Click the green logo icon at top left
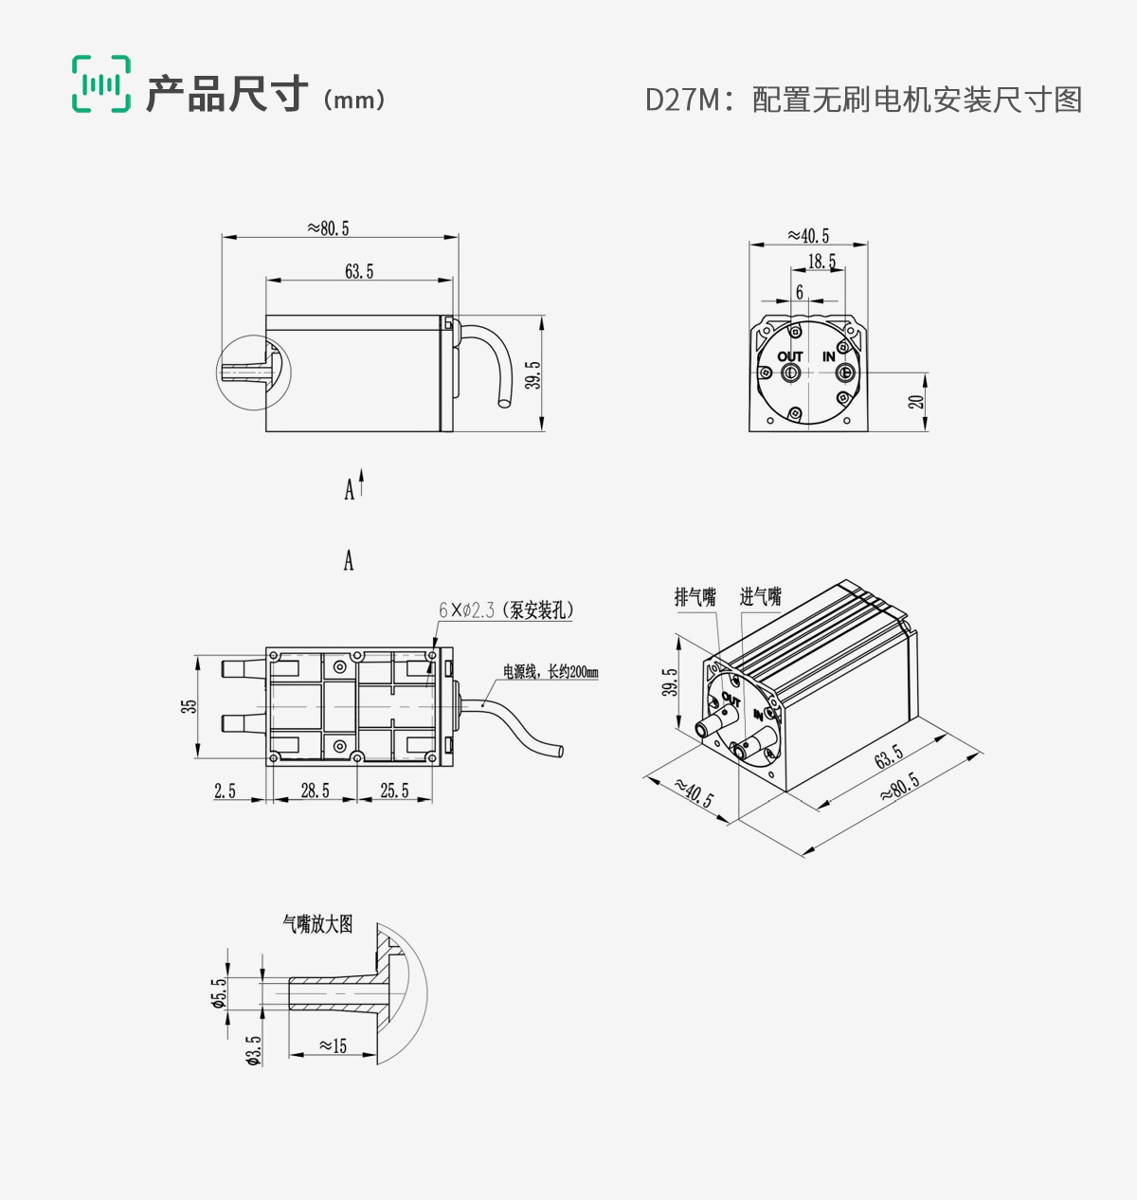101,84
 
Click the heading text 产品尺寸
227,95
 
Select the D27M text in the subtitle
682,100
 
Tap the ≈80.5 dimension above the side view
328,228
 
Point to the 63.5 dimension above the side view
359,272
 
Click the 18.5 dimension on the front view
821,262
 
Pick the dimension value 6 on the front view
800,293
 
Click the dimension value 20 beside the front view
916,402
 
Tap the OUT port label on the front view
790,356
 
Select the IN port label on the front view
829,356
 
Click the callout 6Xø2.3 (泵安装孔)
506,610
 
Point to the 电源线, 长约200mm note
550,672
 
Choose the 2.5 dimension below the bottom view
225,791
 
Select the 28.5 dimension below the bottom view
315,791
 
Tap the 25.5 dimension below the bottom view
394,791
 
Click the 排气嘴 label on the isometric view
695,597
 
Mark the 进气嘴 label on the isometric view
760,597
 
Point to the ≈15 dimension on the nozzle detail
333,1045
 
